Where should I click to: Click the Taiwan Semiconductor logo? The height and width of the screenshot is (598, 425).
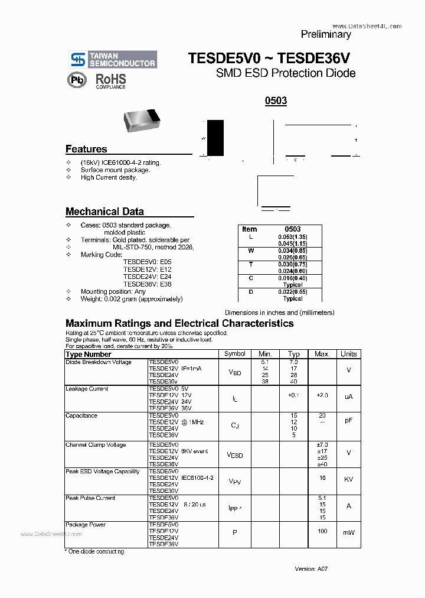(x=113, y=59)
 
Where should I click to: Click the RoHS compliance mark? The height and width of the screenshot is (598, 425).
(x=111, y=80)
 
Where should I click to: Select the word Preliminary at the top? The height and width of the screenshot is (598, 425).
(x=326, y=34)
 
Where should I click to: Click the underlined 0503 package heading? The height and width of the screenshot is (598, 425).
(x=276, y=100)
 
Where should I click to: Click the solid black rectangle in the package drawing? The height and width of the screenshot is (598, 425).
(x=215, y=138)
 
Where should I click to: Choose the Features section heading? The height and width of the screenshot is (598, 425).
(x=86, y=149)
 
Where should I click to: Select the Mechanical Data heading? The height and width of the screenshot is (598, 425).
(x=104, y=212)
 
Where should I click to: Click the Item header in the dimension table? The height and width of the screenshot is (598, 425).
(x=250, y=229)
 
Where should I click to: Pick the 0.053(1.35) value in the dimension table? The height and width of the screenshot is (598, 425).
(x=293, y=237)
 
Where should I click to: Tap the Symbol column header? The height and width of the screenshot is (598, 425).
(x=235, y=354)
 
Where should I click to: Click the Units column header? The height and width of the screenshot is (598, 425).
(x=348, y=354)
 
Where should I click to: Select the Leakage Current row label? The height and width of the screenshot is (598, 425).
(x=87, y=389)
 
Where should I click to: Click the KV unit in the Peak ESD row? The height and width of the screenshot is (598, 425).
(x=348, y=479)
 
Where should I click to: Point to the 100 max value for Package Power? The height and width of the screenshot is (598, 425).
(x=322, y=532)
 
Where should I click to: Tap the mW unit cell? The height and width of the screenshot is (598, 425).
(x=348, y=532)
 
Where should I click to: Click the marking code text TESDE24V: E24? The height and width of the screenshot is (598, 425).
(x=147, y=276)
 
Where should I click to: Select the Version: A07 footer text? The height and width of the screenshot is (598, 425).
(x=311, y=568)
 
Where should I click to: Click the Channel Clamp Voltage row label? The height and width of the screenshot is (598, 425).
(x=95, y=445)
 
